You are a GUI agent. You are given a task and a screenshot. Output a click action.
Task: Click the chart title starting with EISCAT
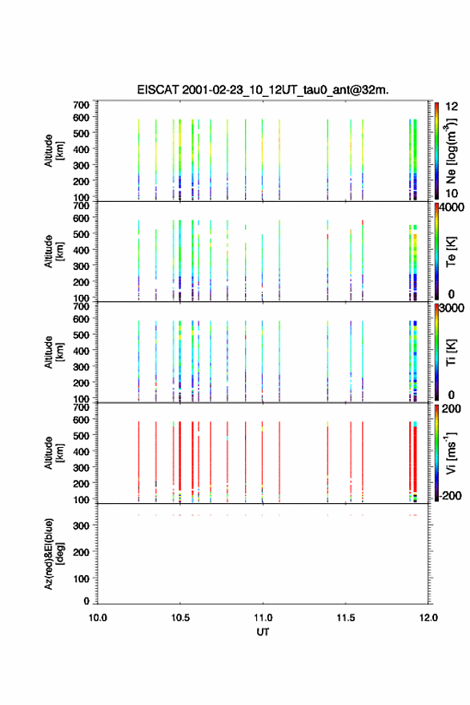click(x=263, y=90)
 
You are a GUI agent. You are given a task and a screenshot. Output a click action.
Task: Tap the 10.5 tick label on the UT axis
click(x=180, y=618)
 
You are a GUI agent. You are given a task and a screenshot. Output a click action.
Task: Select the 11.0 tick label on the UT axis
click(x=263, y=618)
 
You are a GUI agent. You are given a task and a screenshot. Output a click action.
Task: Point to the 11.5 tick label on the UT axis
click(x=346, y=618)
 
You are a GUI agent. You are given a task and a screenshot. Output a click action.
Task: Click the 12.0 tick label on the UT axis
click(x=428, y=618)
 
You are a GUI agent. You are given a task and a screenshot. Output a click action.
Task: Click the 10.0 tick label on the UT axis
click(x=98, y=618)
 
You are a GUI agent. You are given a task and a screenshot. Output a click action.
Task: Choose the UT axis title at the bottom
click(x=263, y=632)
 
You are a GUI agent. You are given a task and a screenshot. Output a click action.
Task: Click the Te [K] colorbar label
click(x=451, y=252)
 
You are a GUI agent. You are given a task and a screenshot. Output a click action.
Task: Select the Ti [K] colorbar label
click(x=451, y=352)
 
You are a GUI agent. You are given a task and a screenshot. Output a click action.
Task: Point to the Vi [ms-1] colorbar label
click(x=451, y=453)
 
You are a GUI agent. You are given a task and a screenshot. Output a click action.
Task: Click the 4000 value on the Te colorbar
click(x=452, y=207)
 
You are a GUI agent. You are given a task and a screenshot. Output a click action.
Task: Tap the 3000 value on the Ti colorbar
click(x=452, y=308)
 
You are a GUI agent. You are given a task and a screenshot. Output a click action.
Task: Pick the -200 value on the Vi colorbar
click(x=451, y=495)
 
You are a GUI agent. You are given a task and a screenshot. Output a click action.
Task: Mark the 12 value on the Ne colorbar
click(x=452, y=107)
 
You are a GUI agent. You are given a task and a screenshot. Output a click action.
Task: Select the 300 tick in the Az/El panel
click(x=82, y=526)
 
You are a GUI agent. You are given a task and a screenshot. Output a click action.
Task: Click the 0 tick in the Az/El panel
click(x=86, y=601)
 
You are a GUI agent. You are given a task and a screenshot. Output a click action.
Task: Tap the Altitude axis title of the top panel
click(x=54, y=151)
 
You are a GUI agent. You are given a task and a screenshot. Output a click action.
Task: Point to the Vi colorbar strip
click(x=436, y=453)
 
